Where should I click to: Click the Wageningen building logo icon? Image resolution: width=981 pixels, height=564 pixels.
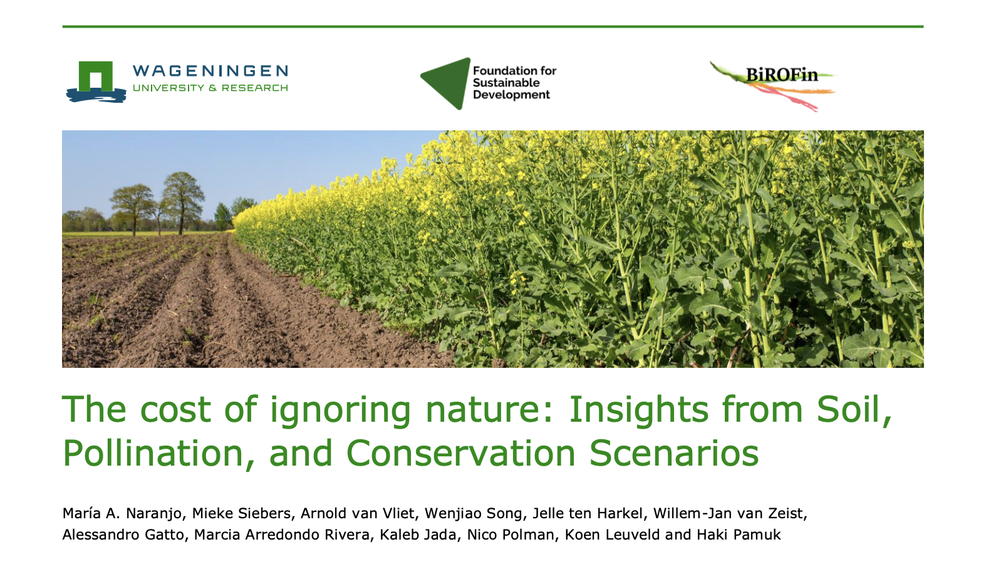[96, 81]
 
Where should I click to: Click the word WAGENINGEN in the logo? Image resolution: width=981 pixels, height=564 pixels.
[210, 71]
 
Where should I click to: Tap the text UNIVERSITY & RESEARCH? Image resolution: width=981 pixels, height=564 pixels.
[210, 88]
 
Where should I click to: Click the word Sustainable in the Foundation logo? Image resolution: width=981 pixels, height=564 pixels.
[506, 83]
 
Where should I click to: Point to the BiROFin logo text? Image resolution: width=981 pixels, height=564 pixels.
[782, 75]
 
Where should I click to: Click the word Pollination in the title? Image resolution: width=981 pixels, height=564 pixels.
[152, 453]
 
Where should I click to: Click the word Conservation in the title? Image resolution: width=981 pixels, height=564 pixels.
[460, 453]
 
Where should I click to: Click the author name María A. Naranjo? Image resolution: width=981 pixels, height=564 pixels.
[122, 514]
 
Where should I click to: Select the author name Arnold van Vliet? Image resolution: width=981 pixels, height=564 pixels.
[357, 514]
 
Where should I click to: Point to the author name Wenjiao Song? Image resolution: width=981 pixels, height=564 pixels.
[473, 514]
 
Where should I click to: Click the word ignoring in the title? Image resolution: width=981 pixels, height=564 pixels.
[340, 411]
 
